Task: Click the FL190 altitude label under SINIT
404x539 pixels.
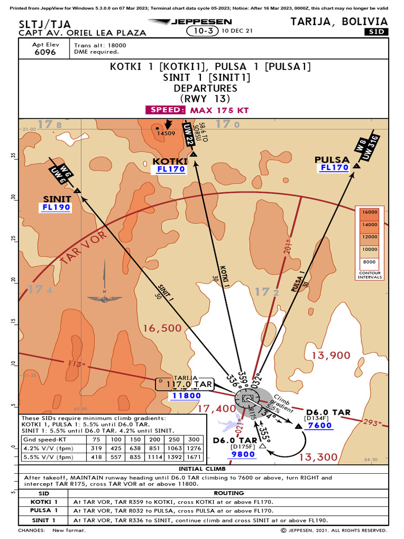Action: pos(56,207)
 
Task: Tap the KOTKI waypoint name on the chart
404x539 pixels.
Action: pos(169,161)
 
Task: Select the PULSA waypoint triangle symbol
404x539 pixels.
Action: pos(357,166)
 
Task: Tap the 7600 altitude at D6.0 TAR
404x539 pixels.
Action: pos(320,425)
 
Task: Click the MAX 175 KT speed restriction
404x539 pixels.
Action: pos(219,110)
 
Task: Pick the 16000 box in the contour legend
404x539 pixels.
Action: pos(370,212)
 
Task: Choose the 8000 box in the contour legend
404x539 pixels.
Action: pos(370,262)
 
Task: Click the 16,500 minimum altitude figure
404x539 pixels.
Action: pos(162,328)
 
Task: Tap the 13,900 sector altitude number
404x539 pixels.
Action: pos(331,355)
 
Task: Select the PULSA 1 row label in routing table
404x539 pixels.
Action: pos(44,510)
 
